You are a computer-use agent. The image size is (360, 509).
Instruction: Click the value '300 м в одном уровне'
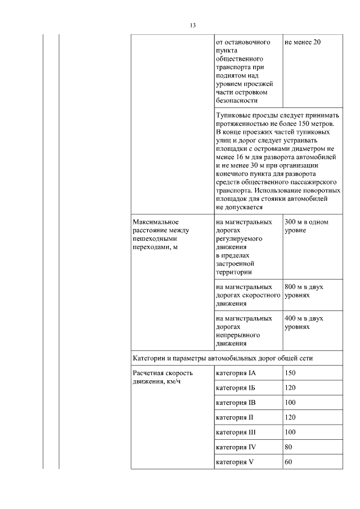307,226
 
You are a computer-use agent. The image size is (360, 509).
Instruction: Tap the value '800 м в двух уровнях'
304,291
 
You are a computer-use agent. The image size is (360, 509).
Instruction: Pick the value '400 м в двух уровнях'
304,322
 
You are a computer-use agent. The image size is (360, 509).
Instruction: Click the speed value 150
290,373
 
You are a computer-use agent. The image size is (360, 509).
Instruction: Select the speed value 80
289,447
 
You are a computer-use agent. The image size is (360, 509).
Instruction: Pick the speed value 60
289,462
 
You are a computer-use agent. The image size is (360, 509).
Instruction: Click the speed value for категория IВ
290,403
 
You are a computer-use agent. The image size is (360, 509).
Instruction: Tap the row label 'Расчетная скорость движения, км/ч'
163,377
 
